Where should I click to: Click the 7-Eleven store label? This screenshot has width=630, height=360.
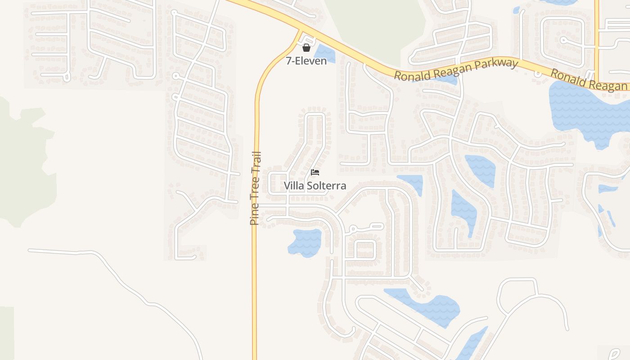click(x=306, y=61)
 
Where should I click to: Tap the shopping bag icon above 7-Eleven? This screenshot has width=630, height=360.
click(x=306, y=48)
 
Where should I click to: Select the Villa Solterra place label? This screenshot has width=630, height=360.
click(x=315, y=185)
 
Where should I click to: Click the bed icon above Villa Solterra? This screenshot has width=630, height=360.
click(x=315, y=172)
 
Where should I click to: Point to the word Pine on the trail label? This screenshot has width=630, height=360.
click(x=254, y=214)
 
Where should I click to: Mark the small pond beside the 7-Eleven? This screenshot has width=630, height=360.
click(x=325, y=54)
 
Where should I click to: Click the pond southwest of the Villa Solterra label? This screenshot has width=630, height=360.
click(x=305, y=243)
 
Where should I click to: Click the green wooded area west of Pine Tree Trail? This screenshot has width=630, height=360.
click(x=22, y=162)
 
